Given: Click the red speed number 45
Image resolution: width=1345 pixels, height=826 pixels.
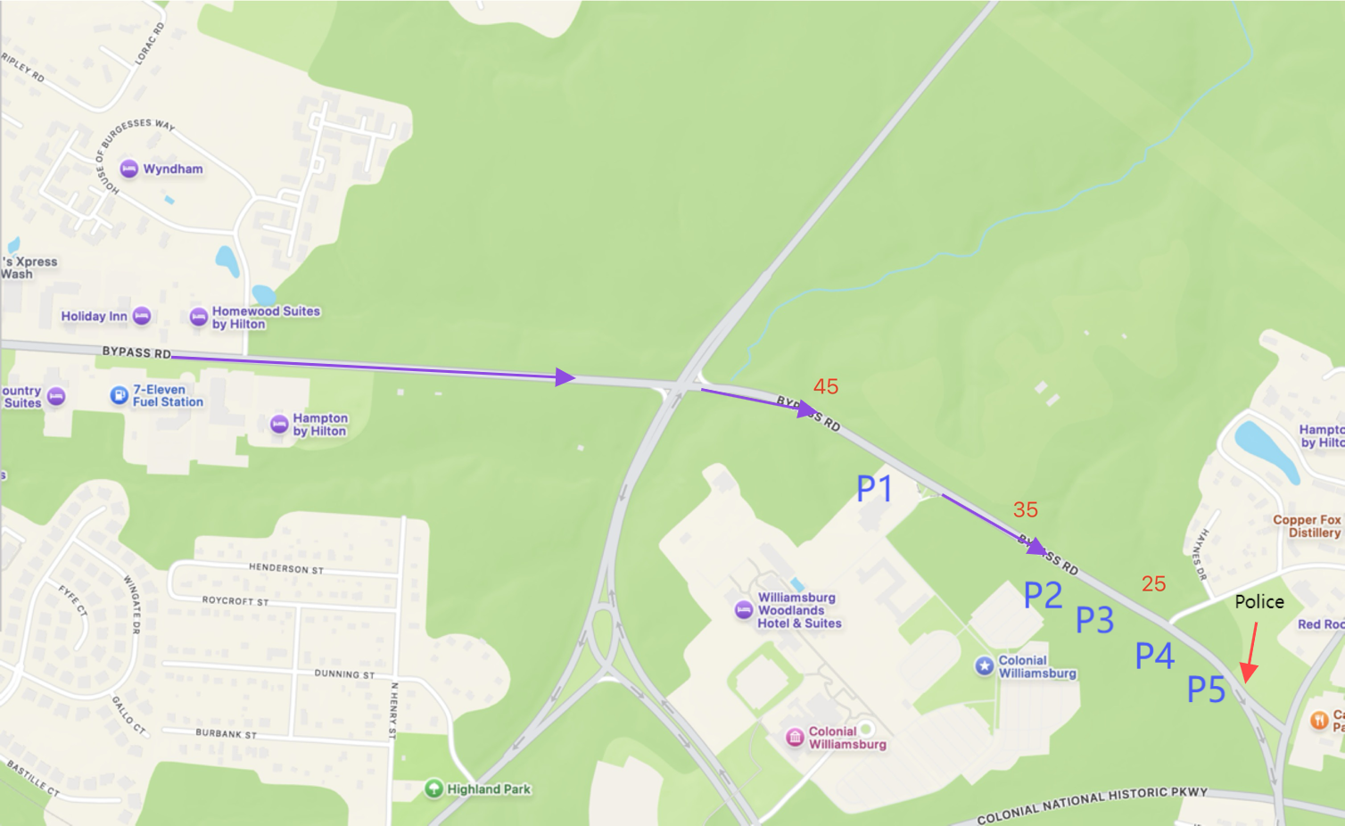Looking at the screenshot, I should point(826,386).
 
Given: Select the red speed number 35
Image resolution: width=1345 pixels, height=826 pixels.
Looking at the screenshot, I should point(1026,509).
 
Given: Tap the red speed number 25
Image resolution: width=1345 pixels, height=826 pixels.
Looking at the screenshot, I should point(1153,583).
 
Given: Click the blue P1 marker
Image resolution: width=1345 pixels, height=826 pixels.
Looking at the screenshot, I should point(874,489).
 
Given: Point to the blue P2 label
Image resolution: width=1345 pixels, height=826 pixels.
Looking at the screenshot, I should point(1043,595).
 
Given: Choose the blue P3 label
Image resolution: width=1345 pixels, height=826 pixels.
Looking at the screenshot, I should point(1094,620).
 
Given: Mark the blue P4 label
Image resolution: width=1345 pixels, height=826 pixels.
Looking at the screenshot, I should point(1154,657).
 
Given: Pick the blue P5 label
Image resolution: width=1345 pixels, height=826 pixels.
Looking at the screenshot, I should point(1206,690).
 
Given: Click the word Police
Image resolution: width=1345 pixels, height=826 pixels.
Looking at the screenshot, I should point(1259,602).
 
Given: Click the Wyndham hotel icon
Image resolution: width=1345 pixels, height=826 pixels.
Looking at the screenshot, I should point(129,169).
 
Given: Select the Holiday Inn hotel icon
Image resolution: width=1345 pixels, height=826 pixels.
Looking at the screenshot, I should point(142,316).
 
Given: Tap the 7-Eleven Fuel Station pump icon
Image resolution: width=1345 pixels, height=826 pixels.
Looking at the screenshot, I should point(119,394).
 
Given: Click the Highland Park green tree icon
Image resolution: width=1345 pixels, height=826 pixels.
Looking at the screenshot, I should point(433,789).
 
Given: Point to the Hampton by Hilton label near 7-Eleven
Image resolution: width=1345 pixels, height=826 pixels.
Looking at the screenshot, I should point(320,425).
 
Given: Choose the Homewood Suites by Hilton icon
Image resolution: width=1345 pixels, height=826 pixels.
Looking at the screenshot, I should point(199,317).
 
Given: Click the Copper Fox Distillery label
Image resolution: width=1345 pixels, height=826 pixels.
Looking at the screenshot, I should point(1307,526).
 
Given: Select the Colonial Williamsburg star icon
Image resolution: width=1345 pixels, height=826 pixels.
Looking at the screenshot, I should point(985,665).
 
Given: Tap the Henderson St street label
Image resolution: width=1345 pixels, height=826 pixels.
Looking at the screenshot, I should point(286,568).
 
